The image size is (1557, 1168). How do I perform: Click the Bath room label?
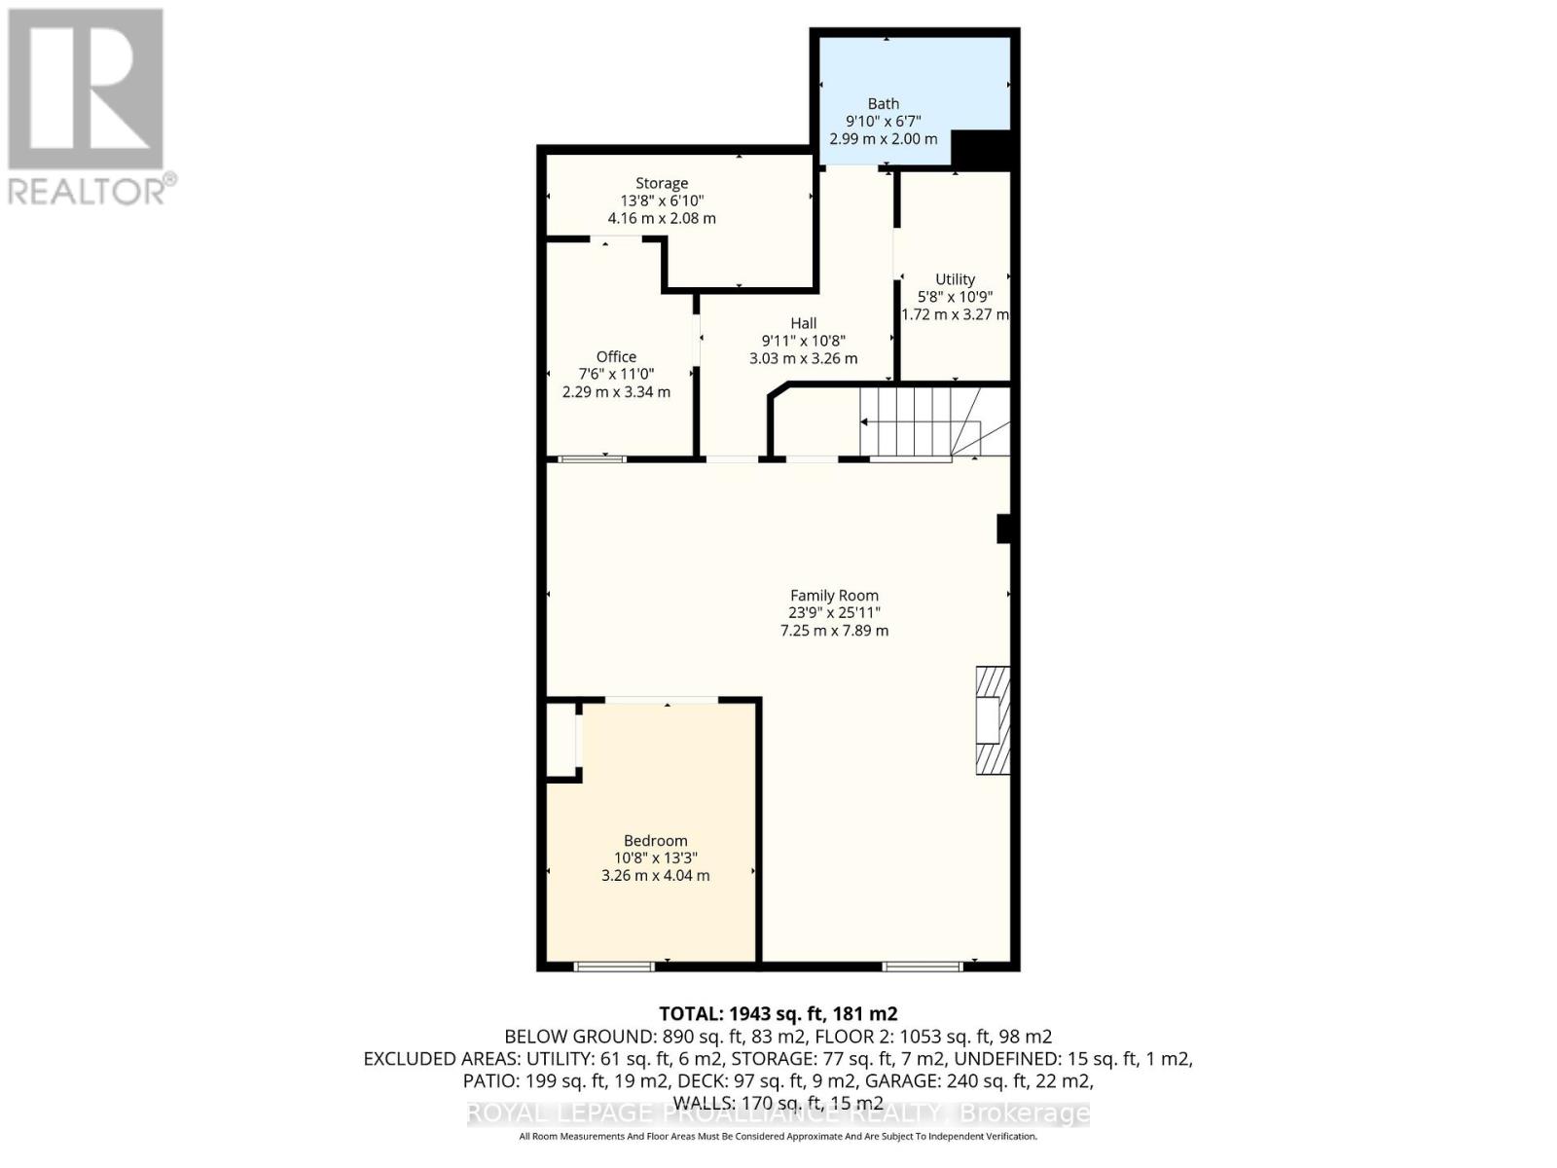[883, 103]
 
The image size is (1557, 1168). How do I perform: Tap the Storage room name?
[662, 183]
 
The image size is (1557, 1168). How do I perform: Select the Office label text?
[616, 356]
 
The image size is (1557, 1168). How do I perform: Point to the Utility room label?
[955, 279]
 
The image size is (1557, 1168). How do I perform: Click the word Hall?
[803, 323]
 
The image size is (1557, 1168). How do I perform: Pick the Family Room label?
[834, 596]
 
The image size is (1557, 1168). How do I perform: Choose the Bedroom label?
[655, 841]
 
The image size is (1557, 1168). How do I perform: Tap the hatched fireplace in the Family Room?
[993, 720]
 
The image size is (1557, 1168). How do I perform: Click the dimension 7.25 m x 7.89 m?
[834, 631]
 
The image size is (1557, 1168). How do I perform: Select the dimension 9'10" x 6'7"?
[883, 121]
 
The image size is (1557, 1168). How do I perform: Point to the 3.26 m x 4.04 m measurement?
[655, 876]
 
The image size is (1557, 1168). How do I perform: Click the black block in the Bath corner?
[982, 148]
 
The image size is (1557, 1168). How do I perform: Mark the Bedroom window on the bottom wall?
[613, 966]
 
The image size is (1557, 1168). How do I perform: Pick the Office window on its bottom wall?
[592, 457]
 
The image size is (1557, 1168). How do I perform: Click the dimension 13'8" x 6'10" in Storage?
[662, 201]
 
